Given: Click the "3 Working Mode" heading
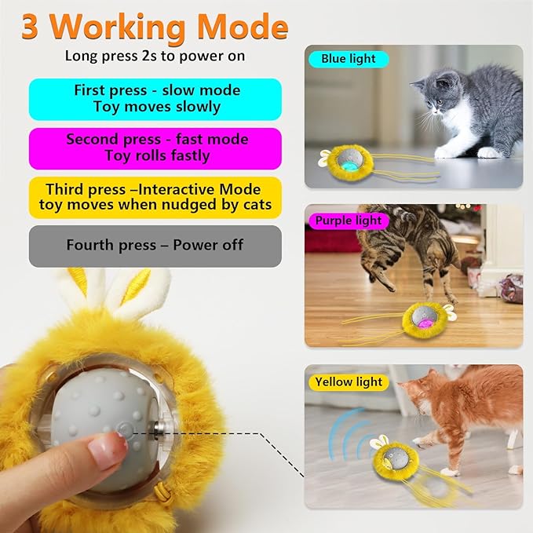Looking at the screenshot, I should (155, 27).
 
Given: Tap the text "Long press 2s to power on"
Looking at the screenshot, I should (155, 57).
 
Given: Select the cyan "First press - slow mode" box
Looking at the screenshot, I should (155, 99).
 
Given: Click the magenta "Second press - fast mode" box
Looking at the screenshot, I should (155, 148).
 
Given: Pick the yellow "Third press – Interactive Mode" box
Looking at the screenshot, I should (155, 197).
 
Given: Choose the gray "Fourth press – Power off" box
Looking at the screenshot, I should (155, 245).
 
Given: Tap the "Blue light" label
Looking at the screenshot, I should (348, 59).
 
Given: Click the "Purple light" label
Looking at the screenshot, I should (348, 221).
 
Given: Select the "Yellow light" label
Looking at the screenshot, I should (348, 382).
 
